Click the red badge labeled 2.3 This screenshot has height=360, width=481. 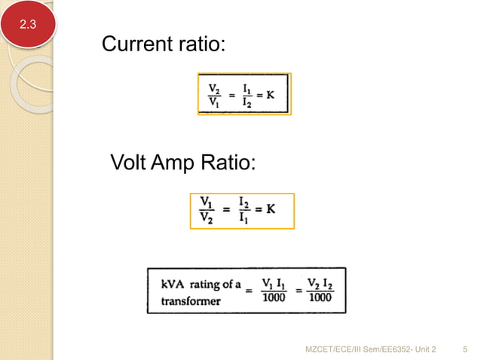27,25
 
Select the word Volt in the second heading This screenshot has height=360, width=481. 130,161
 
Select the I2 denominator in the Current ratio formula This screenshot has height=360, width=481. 248,103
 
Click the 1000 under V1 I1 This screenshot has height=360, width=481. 273,297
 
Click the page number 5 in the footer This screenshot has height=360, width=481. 464,349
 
